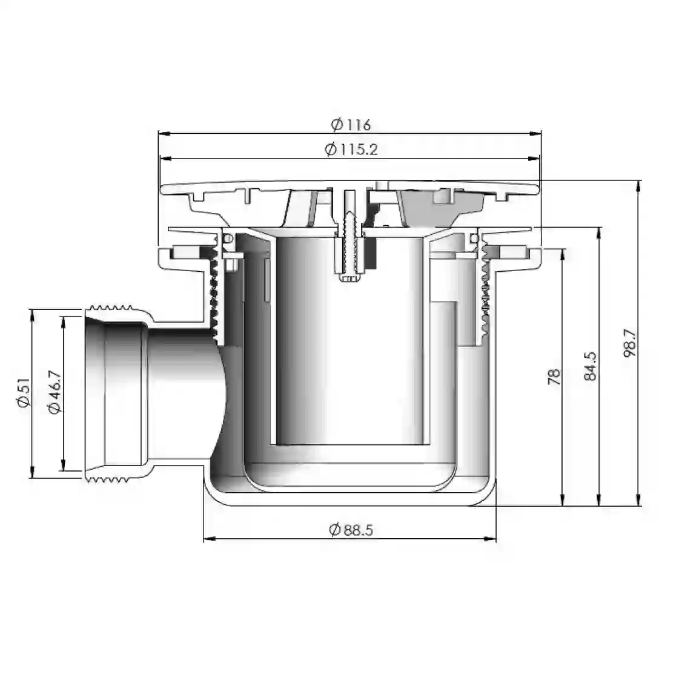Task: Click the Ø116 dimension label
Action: [x=351, y=125]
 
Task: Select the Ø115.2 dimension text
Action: [x=351, y=150]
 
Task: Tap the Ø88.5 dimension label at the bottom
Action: [x=351, y=530]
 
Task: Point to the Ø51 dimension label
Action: [x=23, y=392]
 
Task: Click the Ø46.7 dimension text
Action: [x=55, y=392]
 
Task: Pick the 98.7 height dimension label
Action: [x=631, y=343]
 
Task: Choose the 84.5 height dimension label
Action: [x=590, y=366]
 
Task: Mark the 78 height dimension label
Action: [x=554, y=377]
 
